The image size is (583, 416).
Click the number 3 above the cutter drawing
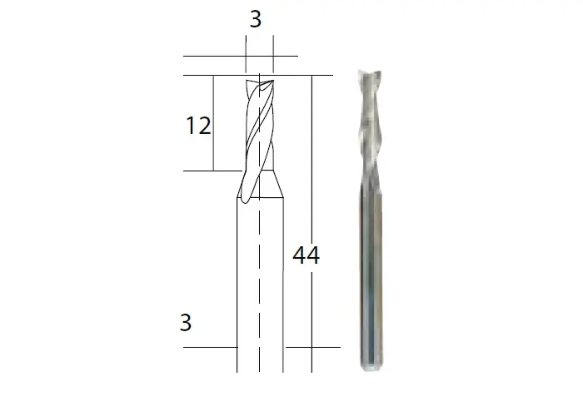click(256, 19)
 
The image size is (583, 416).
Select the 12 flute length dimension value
click(198, 126)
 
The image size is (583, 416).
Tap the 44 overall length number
click(306, 255)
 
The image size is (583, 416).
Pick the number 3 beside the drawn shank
click(186, 323)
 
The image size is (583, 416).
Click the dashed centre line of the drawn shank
click(259, 223)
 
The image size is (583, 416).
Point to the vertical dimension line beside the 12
click(213, 123)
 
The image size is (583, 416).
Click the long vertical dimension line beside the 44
click(311, 224)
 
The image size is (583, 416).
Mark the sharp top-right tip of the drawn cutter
click(273, 80)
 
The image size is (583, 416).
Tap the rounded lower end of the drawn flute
click(245, 201)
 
